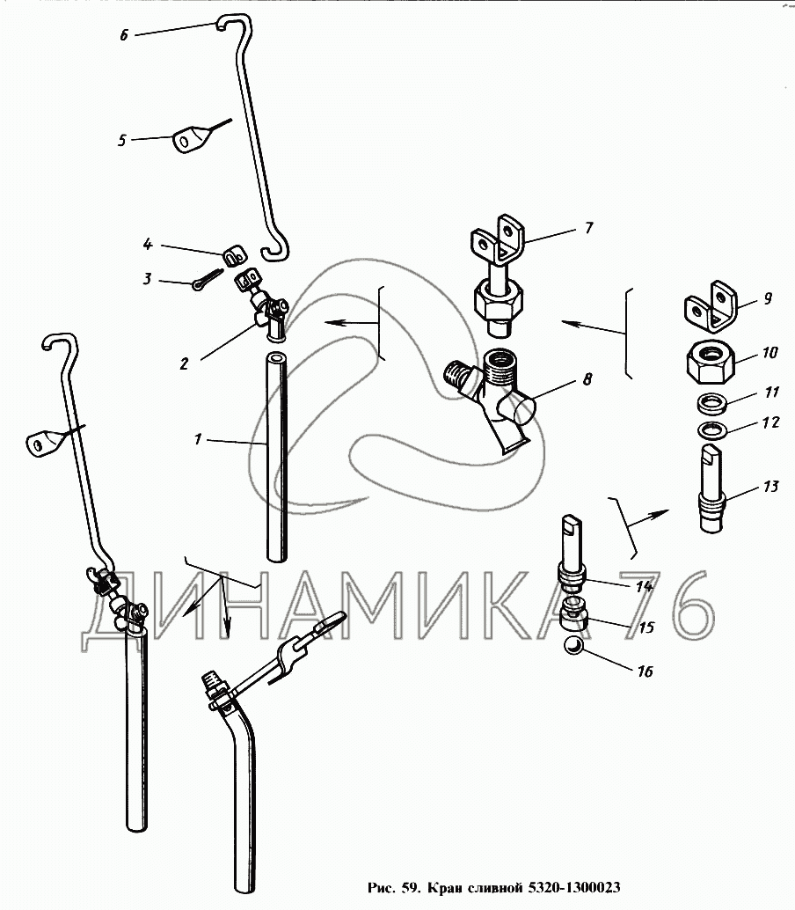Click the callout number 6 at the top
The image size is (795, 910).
click(x=123, y=35)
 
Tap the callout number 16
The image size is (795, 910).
click(x=645, y=671)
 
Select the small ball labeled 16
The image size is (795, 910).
click(x=574, y=645)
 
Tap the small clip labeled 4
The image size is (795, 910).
click(x=234, y=253)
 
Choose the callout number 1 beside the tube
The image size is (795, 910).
click(x=198, y=439)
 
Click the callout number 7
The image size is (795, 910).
click(x=589, y=227)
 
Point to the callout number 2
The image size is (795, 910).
click(x=184, y=363)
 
